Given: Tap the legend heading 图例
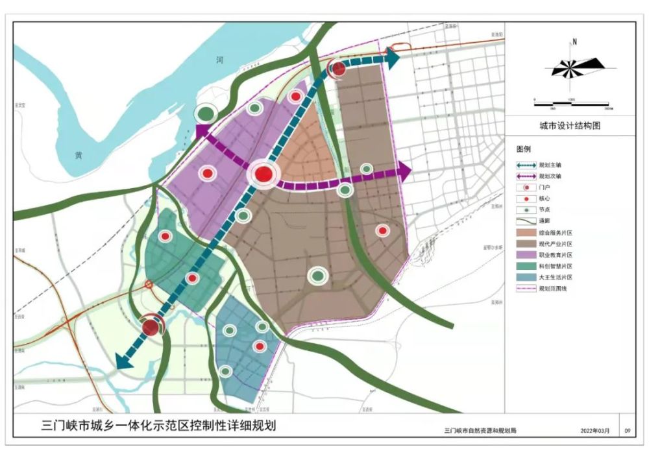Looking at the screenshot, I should (524, 149).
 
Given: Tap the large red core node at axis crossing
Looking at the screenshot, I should (263, 174).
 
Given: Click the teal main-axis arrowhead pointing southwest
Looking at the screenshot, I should (123, 362).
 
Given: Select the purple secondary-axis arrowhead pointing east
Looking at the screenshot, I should (405, 171).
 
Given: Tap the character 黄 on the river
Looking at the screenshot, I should (79, 156).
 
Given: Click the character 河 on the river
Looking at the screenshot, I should (220, 60).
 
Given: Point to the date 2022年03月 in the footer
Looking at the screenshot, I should (595, 430).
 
